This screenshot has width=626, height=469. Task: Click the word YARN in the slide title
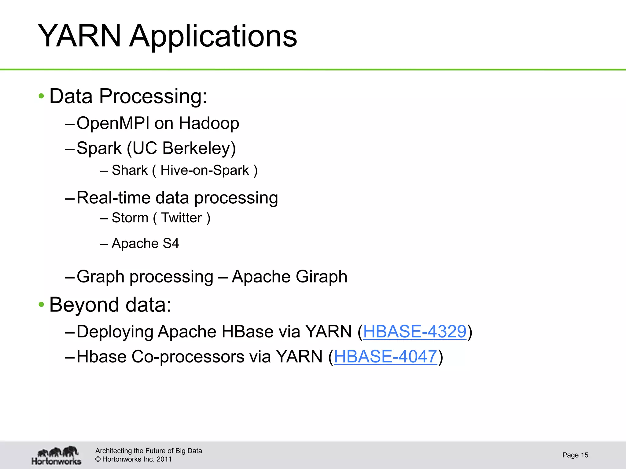(79, 36)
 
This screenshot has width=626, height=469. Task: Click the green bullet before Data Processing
(41, 96)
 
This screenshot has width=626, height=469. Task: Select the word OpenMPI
(113, 123)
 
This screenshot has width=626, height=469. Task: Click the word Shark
(130, 170)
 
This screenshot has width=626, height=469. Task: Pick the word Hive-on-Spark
(204, 170)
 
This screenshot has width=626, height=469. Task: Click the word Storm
(130, 218)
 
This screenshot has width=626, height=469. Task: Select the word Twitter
(182, 218)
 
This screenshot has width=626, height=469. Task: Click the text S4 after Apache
(171, 243)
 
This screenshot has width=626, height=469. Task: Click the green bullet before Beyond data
(41, 304)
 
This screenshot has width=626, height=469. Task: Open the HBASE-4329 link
(414, 332)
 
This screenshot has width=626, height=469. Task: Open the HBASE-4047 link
(385, 357)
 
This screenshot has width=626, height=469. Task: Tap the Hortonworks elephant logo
(57, 455)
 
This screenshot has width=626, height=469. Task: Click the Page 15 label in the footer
(575, 455)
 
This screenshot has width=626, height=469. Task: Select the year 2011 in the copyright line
(164, 459)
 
